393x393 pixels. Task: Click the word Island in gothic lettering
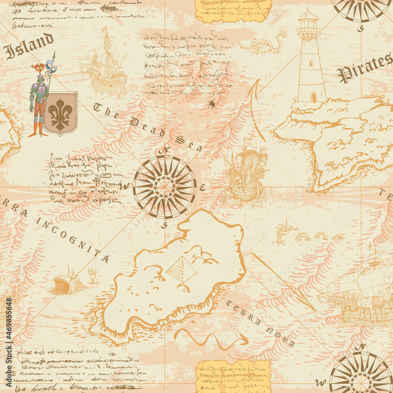tap(28, 46)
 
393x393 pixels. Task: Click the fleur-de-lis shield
tap(60, 113)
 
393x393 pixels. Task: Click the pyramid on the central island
tap(181, 270)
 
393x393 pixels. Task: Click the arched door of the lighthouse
tap(313, 97)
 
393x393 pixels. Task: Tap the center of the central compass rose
tap(164, 187)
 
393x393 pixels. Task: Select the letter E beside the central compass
tap(202, 187)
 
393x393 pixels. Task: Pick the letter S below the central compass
tap(165, 225)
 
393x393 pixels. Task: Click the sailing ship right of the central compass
tap(246, 173)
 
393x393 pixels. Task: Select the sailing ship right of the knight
tap(105, 65)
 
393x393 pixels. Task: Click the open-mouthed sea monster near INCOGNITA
tap(64, 283)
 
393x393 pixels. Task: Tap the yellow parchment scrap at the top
tap(233, 10)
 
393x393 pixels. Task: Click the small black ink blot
tap(212, 104)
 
